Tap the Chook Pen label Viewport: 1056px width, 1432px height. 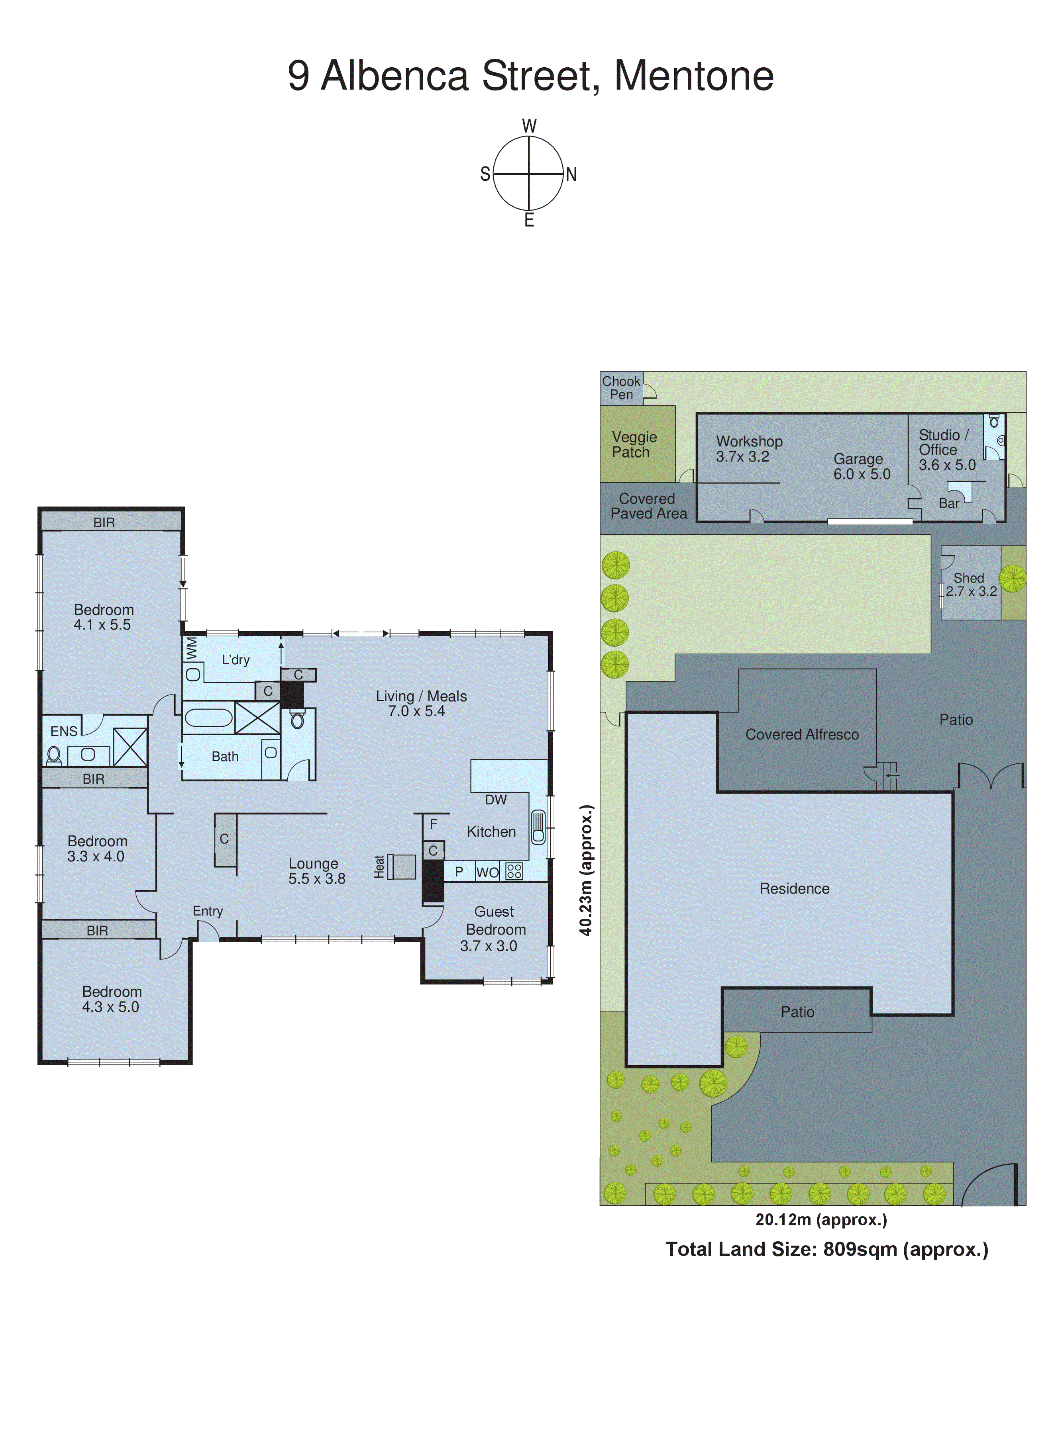pyautogui.click(x=621, y=388)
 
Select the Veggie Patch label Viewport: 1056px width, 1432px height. pyautogui.click(x=634, y=444)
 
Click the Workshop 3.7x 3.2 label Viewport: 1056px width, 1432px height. pyautogui.click(x=748, y=448)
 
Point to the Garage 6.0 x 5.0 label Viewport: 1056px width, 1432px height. pyautogui.click(x=861, y=466)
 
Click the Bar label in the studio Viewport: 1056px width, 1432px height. pyautogui.click(x=949, y=503)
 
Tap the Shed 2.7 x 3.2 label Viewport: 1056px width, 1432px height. pyautogui.click(x=970, y=585)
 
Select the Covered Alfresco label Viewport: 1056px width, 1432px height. pyautogui.click(x=802, y=735)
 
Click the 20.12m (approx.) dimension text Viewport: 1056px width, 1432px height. pyautogui.click(x=821, y=1219)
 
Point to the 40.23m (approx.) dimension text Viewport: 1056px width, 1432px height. pyautogui.click(x=586, y=870)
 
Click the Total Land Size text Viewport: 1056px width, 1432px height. pyautogui.click(x=826, y=1249)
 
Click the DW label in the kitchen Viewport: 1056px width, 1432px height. pyautogui.click(x=495, y=800)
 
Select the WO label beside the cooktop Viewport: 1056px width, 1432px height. pyautogui.click(x=487, y=873)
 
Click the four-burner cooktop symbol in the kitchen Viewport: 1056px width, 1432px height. pyautogui.click(x=514, y=871)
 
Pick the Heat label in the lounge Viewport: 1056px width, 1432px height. pyautogui.click(x=379, y=867)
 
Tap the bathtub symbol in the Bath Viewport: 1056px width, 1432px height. pyautogui.click(x=208, y=717)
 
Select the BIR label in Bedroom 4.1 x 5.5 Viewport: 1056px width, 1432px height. pyautogui.click(x=104, y=522)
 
